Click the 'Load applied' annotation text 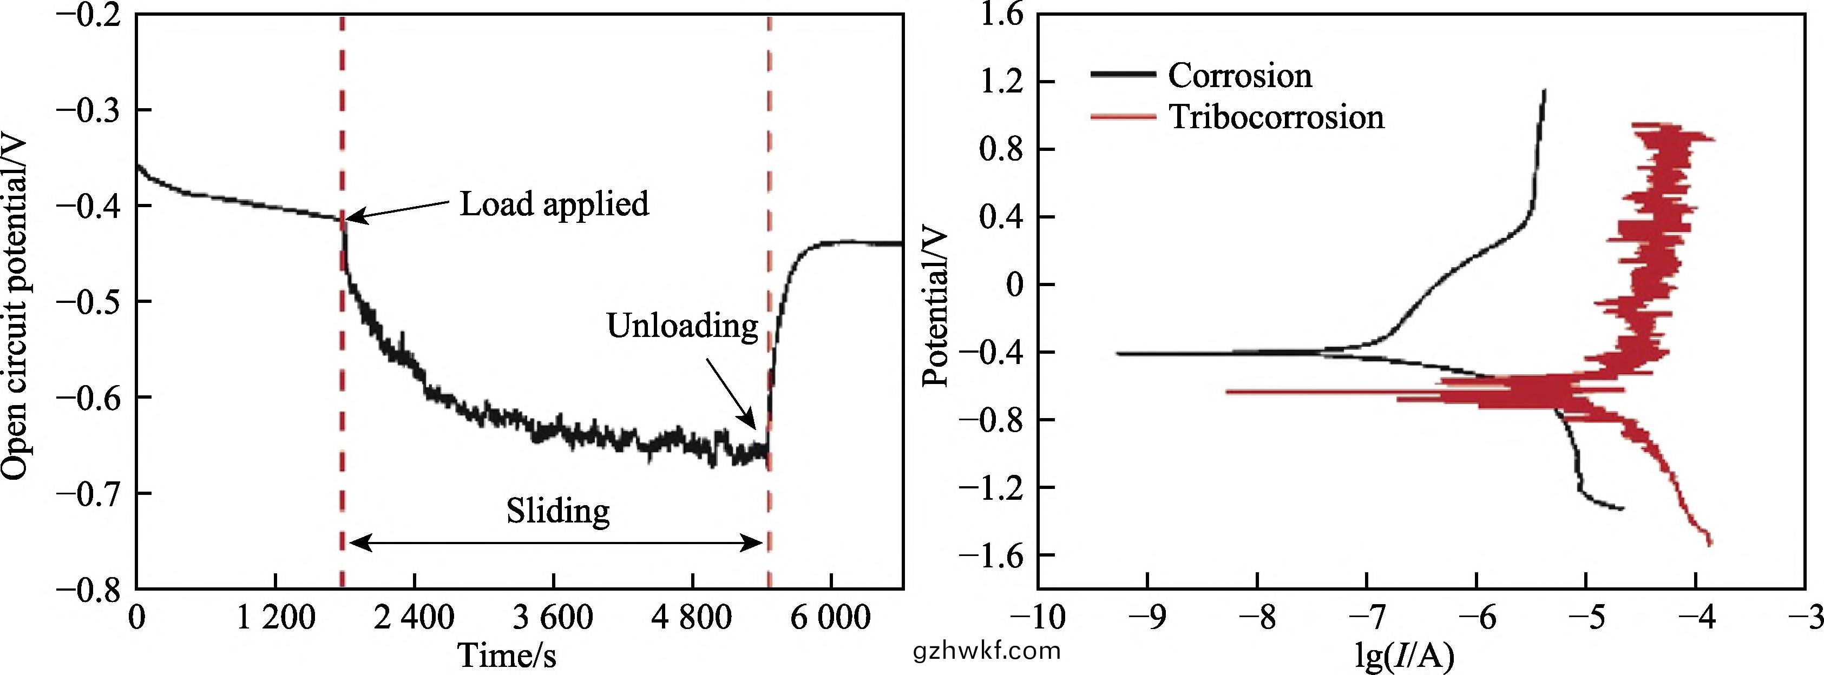(554, 204)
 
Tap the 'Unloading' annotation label (682, 326)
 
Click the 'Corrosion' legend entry (1239, 76)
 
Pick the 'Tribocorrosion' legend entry (1276, 117)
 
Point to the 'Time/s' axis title (507, 655)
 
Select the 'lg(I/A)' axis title (1405, 655)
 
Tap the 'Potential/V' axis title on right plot (936, 306)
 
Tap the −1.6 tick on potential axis (992, 555)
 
